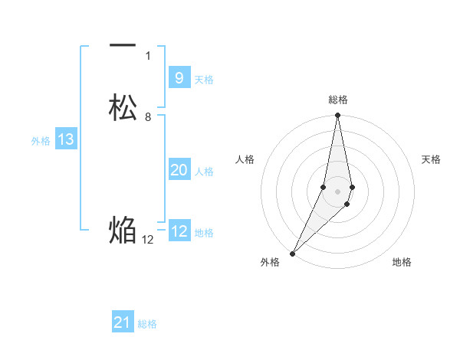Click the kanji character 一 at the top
123,47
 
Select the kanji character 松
123,107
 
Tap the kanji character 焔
123,230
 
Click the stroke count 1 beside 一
148,55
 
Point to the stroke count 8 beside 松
148,116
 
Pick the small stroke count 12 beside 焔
148,239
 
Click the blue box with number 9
179,78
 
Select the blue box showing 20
179,170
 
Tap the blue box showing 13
66,139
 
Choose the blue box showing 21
123,322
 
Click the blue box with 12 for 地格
179,231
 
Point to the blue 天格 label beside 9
204,80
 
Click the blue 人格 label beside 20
204,172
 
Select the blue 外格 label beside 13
41,141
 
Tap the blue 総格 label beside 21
147,324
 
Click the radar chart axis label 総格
338,100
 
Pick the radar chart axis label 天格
431,159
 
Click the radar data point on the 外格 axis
292,253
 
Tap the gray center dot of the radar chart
338,191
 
